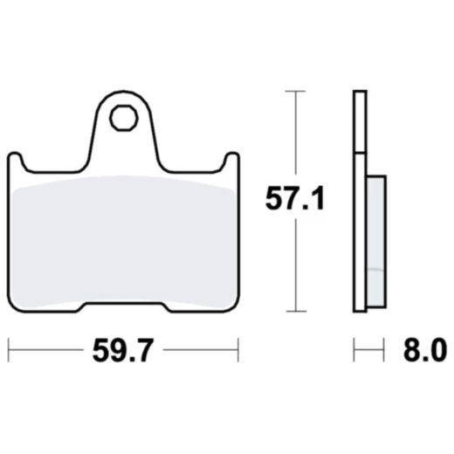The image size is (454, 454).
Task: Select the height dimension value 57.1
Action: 295,201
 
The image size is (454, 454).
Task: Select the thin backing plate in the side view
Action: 359,201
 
